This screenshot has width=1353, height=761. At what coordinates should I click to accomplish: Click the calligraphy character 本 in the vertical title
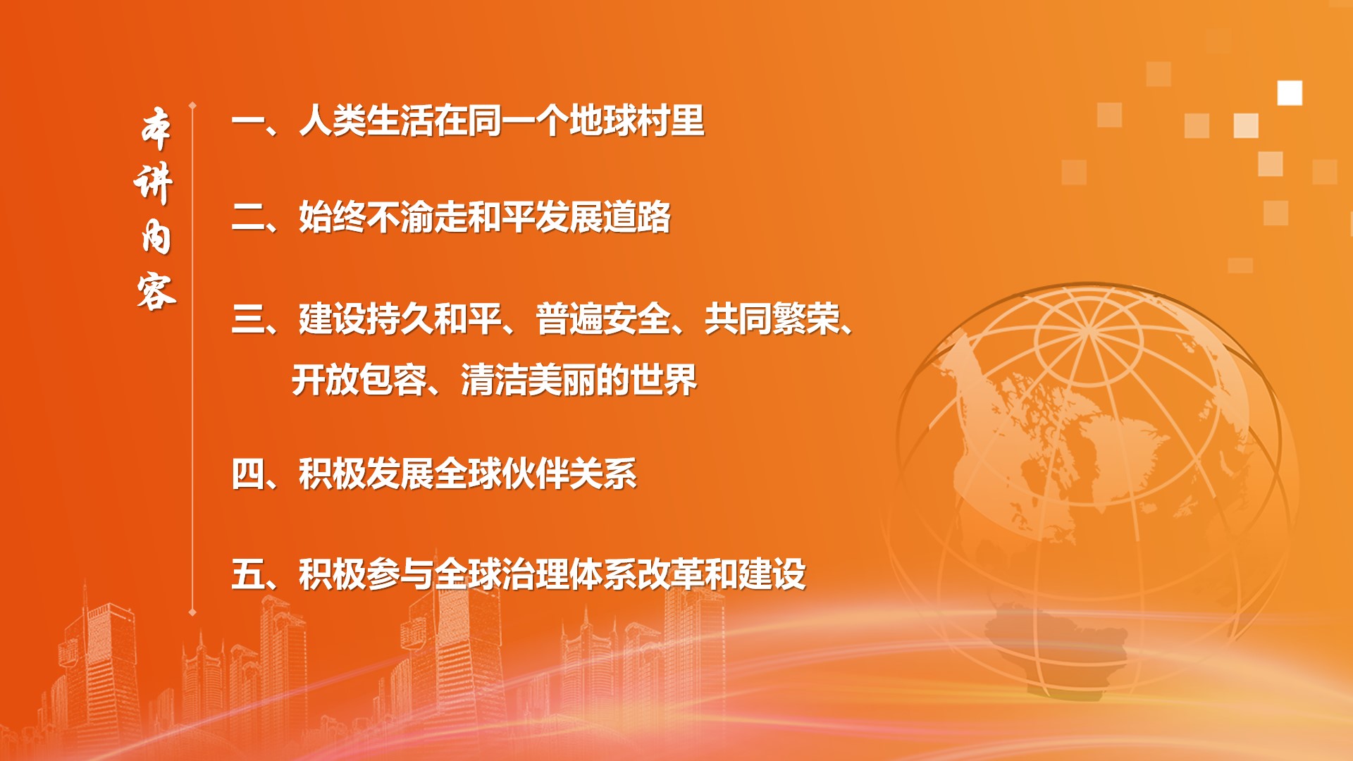(x=156, y=129)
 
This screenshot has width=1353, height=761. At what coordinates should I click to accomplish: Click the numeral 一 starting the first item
(x=248, y=121)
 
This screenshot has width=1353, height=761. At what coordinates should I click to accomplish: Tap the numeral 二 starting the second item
(x=248, y=217)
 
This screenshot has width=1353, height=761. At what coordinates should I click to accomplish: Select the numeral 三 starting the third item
(x=248, y=318)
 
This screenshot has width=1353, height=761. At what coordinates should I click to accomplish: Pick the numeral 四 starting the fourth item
(x=248, y=474)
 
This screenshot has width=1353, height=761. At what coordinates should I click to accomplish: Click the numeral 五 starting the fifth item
(x=248, y=574)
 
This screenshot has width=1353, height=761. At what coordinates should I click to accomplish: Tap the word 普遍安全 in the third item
(x=603, y=318)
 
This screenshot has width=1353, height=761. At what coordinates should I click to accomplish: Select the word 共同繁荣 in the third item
(x=772, y=318)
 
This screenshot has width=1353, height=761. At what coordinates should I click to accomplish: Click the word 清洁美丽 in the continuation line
(x=528, y=380)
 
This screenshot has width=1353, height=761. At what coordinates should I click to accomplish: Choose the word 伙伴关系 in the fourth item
(x=569, y=474)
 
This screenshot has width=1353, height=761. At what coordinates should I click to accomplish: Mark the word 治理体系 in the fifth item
(x=569, y=574)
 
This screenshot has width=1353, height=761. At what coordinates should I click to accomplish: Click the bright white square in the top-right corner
(x=1290, y=93)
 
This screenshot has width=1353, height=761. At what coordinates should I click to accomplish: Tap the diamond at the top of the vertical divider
(x=192, y=106)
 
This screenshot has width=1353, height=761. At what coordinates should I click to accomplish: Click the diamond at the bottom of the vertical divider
(x=192, y=612)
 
